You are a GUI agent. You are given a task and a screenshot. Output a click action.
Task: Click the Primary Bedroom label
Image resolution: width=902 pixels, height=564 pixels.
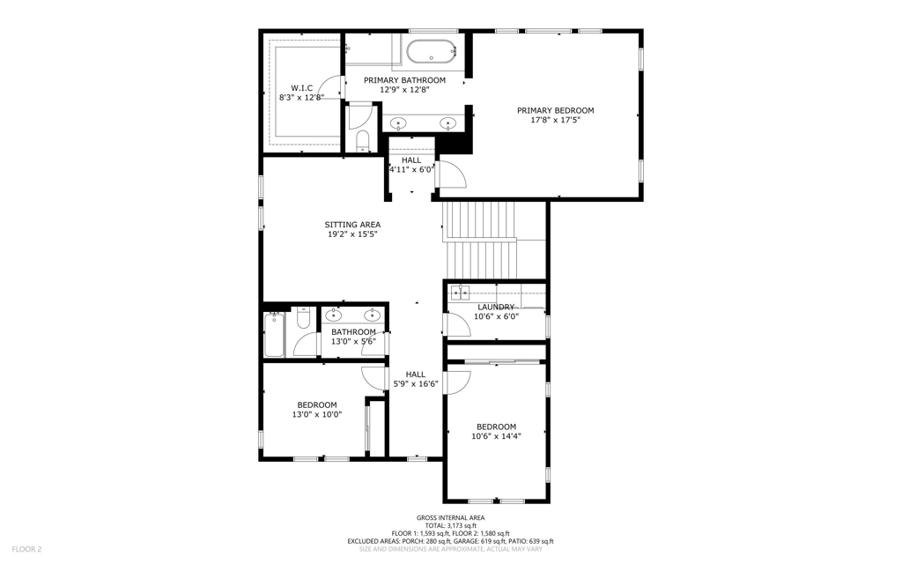pos(555,110)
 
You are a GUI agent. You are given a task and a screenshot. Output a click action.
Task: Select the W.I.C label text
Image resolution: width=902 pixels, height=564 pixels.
pos(301,88)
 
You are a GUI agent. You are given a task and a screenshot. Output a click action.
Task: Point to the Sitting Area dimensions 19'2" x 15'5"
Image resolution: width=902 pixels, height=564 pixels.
pos(352,234)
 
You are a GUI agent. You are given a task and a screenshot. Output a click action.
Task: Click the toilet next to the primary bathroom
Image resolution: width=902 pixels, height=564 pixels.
pos(362,141)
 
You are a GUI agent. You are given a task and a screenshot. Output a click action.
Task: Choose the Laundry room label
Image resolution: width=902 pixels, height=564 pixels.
pos(496,308)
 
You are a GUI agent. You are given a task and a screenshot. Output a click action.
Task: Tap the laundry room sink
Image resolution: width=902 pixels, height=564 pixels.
pos(460,293)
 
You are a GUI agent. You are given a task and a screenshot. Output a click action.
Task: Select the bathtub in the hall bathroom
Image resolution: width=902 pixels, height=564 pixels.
pos(274,334)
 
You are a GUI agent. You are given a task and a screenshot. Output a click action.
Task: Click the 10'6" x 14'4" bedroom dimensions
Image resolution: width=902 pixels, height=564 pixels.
pos(497,436)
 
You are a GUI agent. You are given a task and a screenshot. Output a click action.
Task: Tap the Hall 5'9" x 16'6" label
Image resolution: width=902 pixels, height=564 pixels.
pos(416,379)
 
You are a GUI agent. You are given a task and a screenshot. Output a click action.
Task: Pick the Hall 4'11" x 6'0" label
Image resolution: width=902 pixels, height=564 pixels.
pos(411,165)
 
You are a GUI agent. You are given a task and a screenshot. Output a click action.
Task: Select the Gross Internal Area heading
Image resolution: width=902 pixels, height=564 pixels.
pos(450,518)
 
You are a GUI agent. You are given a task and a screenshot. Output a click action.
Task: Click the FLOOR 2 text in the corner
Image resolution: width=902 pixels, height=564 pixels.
pos(27,549)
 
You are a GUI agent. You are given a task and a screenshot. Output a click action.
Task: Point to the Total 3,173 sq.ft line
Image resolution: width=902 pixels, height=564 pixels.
pos(450,525)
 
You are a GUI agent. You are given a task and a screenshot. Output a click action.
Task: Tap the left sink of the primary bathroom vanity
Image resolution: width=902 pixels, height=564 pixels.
pos(398,122)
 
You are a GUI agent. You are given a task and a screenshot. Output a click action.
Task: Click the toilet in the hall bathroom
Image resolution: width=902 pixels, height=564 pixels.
pos(303,317)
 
